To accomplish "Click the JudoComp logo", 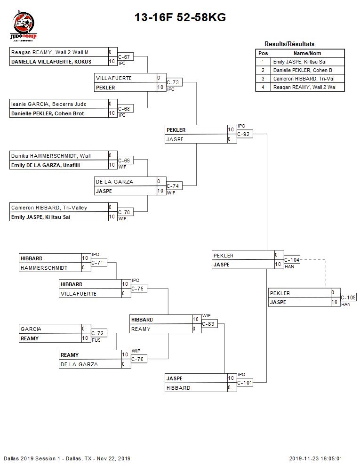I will [24, 27].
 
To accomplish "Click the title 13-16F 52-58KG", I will [180, 17].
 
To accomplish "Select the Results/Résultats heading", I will [289, 44].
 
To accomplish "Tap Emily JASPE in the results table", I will [299, 62].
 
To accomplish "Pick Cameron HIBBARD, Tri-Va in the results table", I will [303, 79].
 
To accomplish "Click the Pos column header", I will [263, 53].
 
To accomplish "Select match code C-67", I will [124, 57].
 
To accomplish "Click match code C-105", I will [348, 297].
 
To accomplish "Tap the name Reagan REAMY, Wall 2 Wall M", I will [50, 52].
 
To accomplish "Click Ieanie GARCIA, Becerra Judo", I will [49, 104].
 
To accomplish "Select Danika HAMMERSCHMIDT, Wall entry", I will [51, 156].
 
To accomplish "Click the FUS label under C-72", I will [96, 340].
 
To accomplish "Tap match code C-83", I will [208, 324].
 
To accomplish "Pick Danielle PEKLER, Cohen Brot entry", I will [48, 113].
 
